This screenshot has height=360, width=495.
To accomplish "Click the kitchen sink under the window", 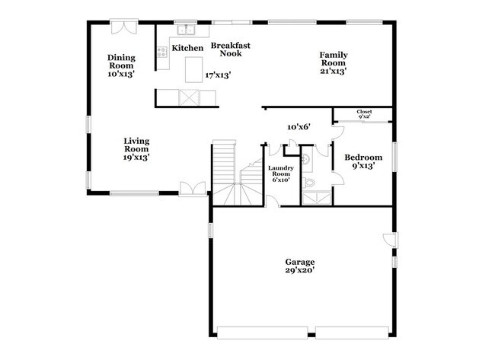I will [x=186, y=31].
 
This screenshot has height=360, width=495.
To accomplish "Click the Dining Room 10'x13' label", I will [x=121, y=66].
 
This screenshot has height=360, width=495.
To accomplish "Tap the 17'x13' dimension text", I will [x=218, y=75].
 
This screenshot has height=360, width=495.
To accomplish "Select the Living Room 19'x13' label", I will [x=136, y=149].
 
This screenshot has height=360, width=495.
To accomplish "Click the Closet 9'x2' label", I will [x=365, y=115].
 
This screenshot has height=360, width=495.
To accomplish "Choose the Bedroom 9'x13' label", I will [x=363, y=163].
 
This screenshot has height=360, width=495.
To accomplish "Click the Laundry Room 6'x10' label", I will [x=281, y=174].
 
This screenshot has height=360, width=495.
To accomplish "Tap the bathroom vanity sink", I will [x=305, y=161].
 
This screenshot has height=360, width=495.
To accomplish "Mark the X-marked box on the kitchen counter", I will [x=187, y=97].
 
